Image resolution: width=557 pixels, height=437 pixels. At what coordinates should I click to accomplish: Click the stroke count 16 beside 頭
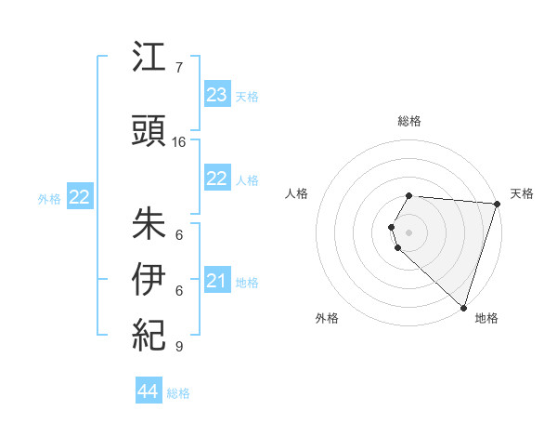tap(179, 142)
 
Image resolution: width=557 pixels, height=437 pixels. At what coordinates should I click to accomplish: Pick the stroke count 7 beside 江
tap(179, 68)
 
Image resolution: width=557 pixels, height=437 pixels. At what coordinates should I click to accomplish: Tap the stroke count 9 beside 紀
tap(179, 347)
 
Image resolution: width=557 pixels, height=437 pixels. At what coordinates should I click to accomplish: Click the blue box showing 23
tap(217, 95)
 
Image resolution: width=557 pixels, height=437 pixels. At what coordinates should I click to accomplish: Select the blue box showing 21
tap(217, 281)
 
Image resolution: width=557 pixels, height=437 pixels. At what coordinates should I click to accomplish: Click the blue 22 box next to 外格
tap(80, 197)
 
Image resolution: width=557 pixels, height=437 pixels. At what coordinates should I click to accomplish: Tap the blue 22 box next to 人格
tap(217, 179)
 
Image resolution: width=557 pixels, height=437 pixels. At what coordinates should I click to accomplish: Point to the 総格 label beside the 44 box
tap(178, 393)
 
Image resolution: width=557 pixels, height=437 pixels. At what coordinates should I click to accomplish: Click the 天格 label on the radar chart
tap(522, 193)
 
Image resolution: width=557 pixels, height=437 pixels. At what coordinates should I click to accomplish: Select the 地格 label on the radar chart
tap(486, 318)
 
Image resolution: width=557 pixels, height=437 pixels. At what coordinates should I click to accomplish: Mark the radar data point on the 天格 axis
tap(497, 204)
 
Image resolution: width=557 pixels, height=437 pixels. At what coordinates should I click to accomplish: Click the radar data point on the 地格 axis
tap(463, 307)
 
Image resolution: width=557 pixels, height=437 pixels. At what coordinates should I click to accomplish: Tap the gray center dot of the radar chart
tap(409, 232)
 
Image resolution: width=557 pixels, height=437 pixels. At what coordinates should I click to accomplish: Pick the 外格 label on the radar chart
tap(327, 318)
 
